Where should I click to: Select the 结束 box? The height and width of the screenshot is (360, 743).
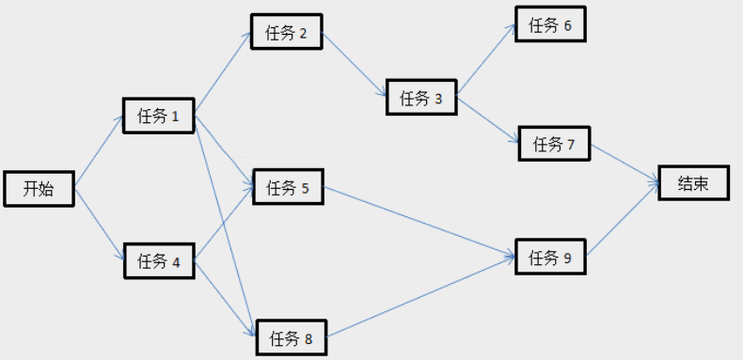pos(693,184)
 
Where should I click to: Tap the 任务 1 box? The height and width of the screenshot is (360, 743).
pos(158,116)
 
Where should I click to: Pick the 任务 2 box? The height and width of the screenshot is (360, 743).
pos(287,34)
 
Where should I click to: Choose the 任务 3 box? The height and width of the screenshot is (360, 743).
pos(420,98)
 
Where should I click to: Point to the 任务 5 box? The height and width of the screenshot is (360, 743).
pos(288,188)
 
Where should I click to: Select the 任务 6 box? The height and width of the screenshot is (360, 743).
pos(550,25)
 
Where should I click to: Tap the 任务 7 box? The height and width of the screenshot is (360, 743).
pos(553,144)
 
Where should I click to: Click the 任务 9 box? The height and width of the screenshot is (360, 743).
pos(550,257)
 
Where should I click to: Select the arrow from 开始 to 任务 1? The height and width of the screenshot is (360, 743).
pos(99,152)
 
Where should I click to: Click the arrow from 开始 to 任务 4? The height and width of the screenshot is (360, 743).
pos(99,224)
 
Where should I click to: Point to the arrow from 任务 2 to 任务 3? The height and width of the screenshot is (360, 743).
pos(355,65)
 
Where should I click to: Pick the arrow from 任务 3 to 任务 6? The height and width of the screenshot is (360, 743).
pos(485,59)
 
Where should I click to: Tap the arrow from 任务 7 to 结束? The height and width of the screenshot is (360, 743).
pos(623,164)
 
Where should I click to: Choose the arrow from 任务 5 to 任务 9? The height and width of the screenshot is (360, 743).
pos(419,222)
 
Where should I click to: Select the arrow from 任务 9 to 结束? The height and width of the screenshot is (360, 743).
pos(622,221)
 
